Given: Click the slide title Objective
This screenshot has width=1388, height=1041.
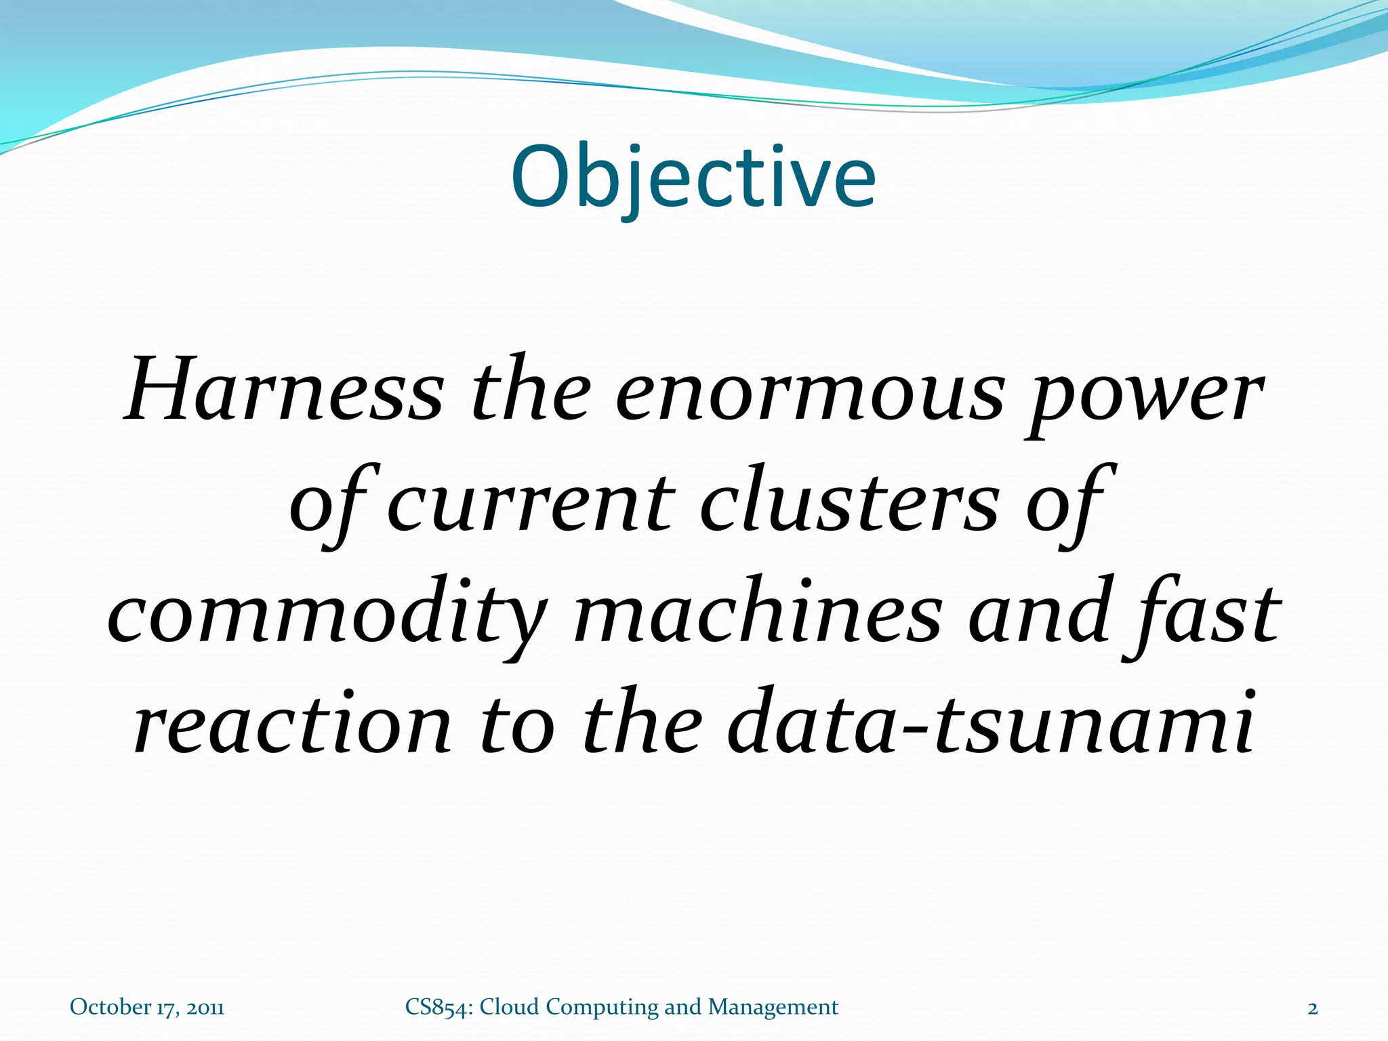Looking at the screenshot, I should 693,178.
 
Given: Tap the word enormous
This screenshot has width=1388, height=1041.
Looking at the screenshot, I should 809,394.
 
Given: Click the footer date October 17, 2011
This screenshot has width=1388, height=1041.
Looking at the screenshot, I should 147,1007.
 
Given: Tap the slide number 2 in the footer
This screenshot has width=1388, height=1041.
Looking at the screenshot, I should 1313,1008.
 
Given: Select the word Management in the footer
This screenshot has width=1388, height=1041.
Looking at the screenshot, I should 773,1008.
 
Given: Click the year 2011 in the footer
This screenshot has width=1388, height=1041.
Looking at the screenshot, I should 205,1007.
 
